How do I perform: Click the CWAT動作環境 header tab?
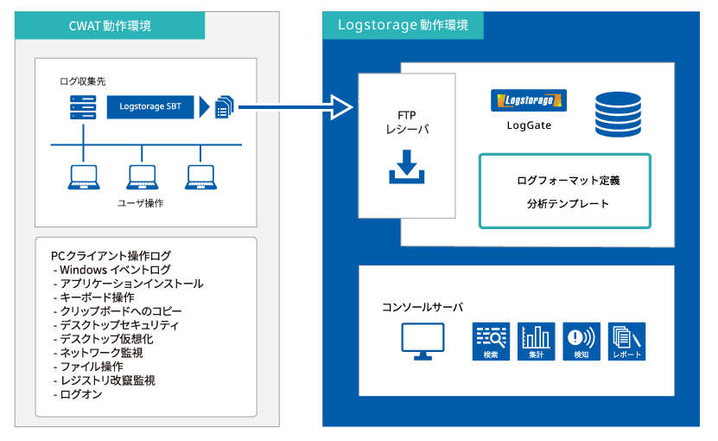pos(110,26)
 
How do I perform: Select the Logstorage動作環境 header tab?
pos(403,25)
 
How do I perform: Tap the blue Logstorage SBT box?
pos(150,107)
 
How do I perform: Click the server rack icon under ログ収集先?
pos(83,107)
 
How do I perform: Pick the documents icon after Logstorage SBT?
pos(225,107)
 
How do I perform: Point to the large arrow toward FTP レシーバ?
pos(295,107)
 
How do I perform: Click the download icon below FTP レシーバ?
pos(407,166)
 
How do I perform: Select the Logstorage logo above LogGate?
pos(529,100)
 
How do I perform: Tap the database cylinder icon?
pos(618,114)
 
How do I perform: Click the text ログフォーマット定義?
pos(568,181)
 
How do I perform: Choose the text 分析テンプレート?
pos(568,203)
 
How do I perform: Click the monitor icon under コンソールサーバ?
pos(423,342)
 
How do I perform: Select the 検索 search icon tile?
pos(491,342)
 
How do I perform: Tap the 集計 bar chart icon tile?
pos(537,342)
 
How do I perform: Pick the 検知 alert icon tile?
pos(581,342)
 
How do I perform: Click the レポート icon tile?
pos(627,342)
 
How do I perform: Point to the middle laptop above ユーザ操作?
pos(142,177)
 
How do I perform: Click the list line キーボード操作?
pos(93,297)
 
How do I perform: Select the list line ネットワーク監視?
pos(98,353)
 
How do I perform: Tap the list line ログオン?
pos(78,394)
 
